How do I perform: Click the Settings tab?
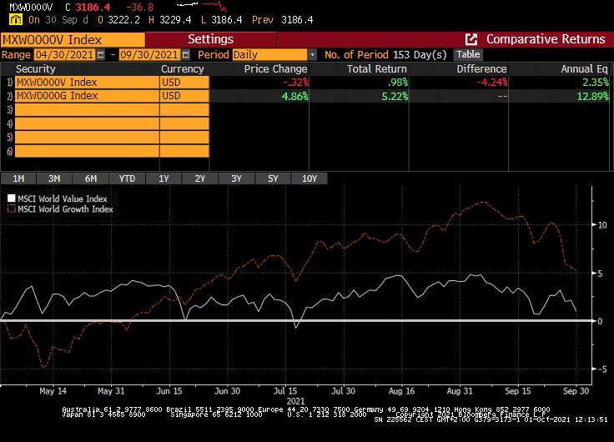click(x=210, y=39)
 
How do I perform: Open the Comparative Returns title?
click(x=545, y=39)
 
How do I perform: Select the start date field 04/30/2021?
click(x=65, y=54)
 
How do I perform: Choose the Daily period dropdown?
click(x=274, y=54)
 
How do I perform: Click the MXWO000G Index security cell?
click(x=87, y=96)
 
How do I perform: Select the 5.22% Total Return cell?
click(x=391, y=96)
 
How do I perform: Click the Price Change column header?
click(x=275, y=69)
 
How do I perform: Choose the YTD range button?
click(x=127, y=178)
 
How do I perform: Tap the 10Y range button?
click(x=309, y=178)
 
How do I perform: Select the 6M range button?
click(x=91, y=178)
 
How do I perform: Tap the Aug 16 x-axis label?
click(x=401, y=390)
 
